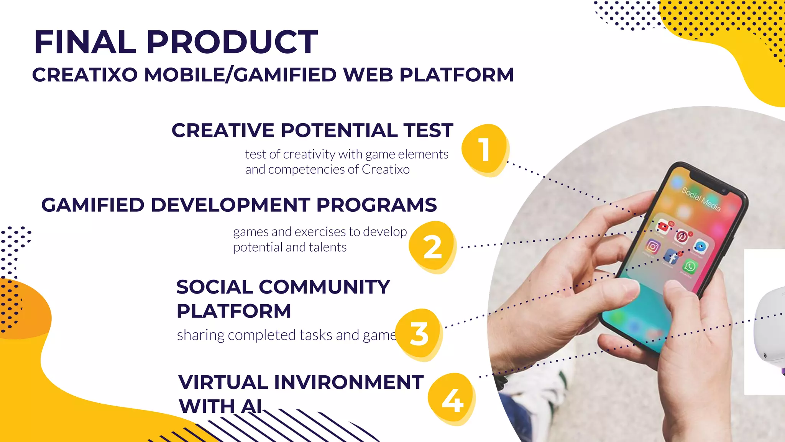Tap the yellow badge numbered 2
(x=432, y=247)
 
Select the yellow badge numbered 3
(x=419, y=334)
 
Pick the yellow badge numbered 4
(x=452, y=399)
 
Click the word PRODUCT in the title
(x=232, y=42)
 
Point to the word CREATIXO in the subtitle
(x=85, y=75)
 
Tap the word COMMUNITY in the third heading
(x=324, y=287)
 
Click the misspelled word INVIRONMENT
(x=349, y=383)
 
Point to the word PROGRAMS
(x=376, y=205)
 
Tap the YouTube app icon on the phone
(x=663, y=227)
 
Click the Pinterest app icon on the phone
(x=682, y=237)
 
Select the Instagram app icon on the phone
(x=653, y=246)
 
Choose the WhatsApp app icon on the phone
(x=690, y=266)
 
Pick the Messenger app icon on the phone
(x=700, y=247)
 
